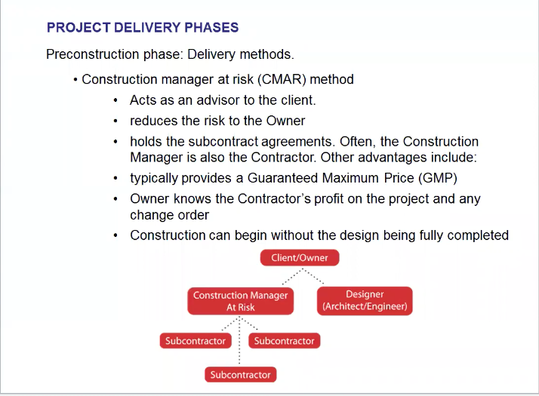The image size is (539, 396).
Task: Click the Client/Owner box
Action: pos(300,258)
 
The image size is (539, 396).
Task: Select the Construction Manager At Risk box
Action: pos(240,301)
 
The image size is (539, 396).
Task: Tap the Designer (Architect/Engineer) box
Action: pos(365,300)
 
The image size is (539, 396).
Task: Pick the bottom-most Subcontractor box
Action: pos(240,374)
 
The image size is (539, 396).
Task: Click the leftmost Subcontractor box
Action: pos(196,341)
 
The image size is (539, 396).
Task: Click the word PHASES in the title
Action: pos(211,27)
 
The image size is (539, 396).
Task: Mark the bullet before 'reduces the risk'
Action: pos(115,121)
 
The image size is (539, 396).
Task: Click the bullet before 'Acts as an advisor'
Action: pos(115,100)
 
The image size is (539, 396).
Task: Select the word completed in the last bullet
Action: pos(478,235)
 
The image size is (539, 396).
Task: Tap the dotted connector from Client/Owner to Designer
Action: pos(313,276)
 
